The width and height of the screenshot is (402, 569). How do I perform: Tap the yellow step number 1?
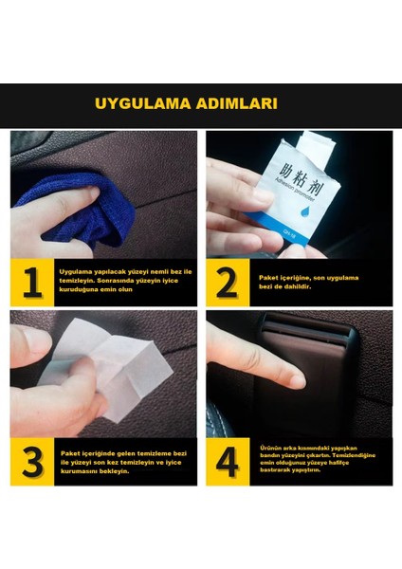31,283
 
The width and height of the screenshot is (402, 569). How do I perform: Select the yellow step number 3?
31,462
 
